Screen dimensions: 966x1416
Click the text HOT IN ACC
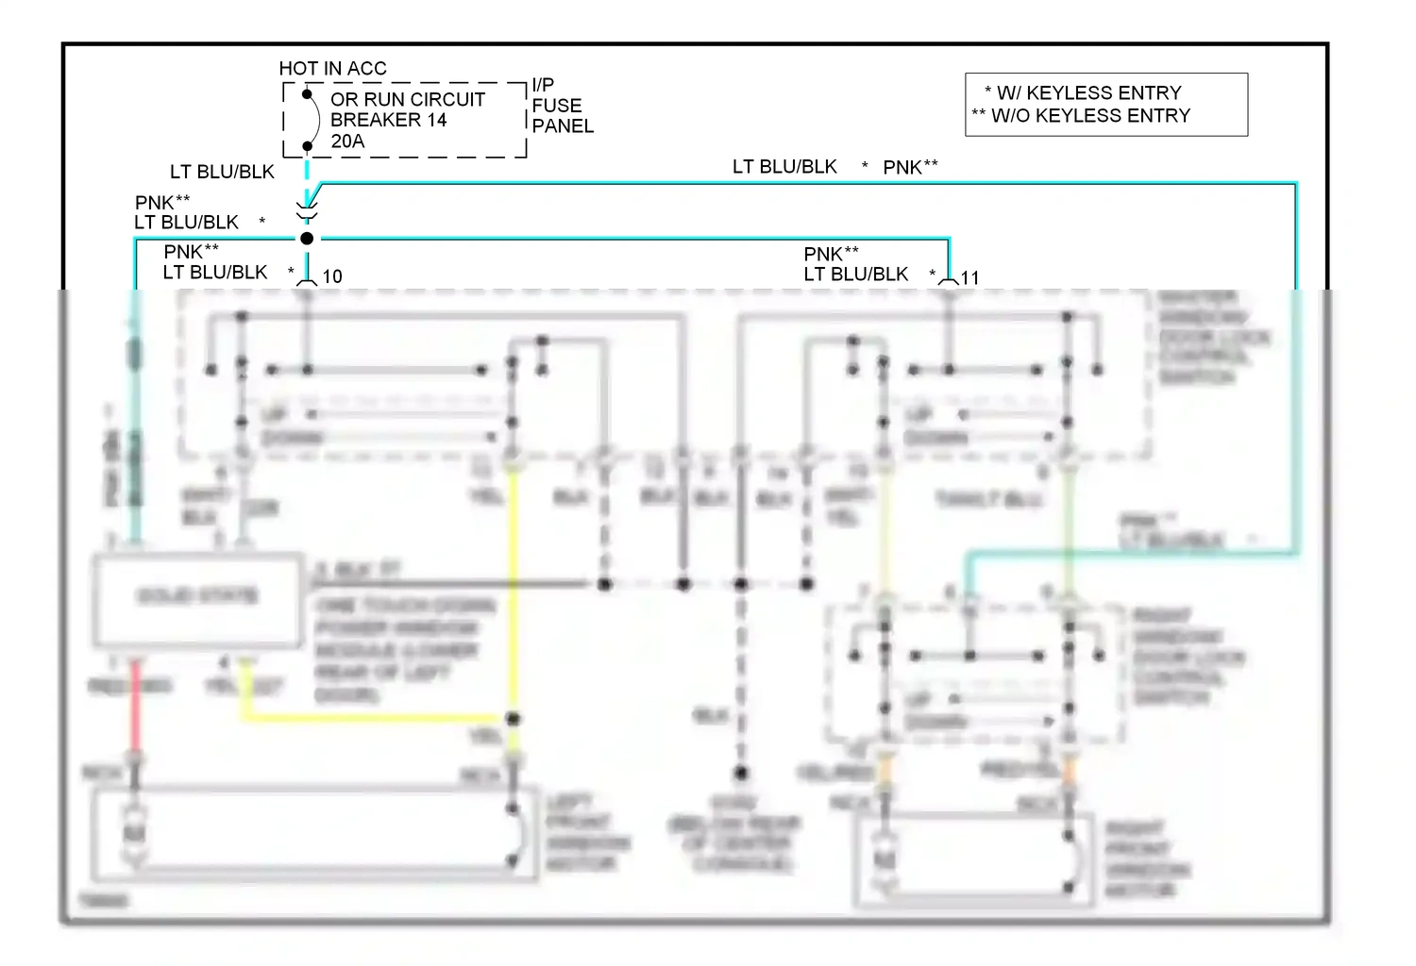(332, 68)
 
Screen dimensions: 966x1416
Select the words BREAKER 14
(388, 120)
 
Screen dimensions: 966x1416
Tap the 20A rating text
(347, 142)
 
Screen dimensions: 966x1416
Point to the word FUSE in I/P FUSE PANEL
(557, 106)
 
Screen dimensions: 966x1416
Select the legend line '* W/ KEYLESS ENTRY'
(1083, 92)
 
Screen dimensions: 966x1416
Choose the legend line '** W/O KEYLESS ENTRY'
(1081, 115)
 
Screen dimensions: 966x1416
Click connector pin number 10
(332, 276)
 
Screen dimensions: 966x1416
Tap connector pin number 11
(970, 277)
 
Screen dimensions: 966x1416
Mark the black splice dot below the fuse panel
(307, 239)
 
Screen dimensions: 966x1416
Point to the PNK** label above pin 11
(831, 254)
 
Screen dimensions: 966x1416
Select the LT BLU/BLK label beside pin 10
(215, 273)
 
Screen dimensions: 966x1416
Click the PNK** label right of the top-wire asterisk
(910, 167)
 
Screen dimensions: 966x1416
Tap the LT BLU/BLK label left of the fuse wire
(222, 172)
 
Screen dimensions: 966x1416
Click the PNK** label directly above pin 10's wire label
(191, 252)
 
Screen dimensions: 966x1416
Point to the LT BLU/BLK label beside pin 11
(855, 275)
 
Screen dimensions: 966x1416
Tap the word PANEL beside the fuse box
(563, 126)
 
